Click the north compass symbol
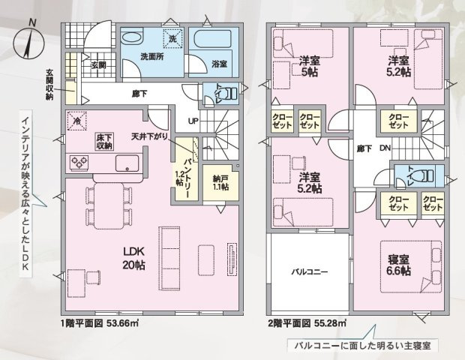[x=29, y=40]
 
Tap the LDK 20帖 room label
[x=133, y=258]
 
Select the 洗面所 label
[x=152, y=57]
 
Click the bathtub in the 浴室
[x=212, y=38]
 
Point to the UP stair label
[x=193, y=121]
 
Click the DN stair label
[x=385, y=148]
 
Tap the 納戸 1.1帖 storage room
[x=220, y=183]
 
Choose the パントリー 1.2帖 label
[x=184, y=178]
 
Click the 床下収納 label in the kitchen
[x=104, y=142]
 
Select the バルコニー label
[x=309, y=271]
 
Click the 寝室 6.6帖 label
[x=399, y=265]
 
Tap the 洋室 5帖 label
[x=309, y=67]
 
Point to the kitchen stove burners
[x=79, y=163]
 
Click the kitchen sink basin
[x=127, y=163]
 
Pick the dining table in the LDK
[x=109, y=205]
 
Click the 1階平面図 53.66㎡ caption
[x=100, y=323]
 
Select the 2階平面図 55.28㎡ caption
[x=307, y=323]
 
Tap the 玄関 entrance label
[x=98, y=64]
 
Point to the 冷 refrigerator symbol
[x=76, y=121]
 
